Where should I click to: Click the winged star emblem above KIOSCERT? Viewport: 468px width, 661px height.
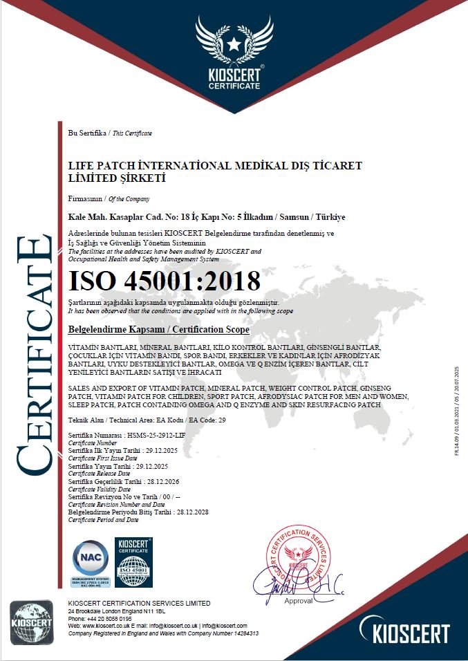pos(234,41)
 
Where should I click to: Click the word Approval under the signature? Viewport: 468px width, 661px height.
pos(299,601)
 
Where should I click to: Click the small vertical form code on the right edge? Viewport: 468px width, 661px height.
pos(457,415)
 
